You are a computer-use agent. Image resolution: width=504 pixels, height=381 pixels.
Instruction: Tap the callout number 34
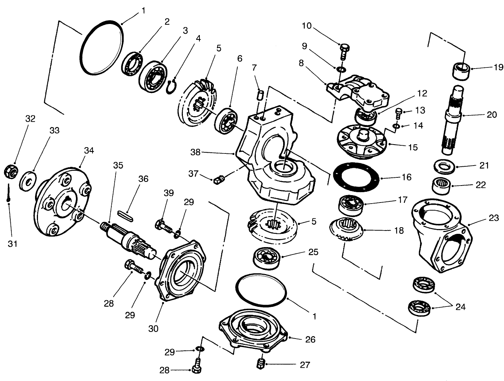pos(89,150)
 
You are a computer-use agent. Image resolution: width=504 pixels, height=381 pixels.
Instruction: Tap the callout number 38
pos(196,152)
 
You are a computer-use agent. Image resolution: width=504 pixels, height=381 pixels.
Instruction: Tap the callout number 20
pos(492,115)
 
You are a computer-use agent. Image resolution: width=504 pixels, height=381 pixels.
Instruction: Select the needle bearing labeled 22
pos(442,185)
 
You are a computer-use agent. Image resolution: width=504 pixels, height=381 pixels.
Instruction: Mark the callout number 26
pos(310,339)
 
